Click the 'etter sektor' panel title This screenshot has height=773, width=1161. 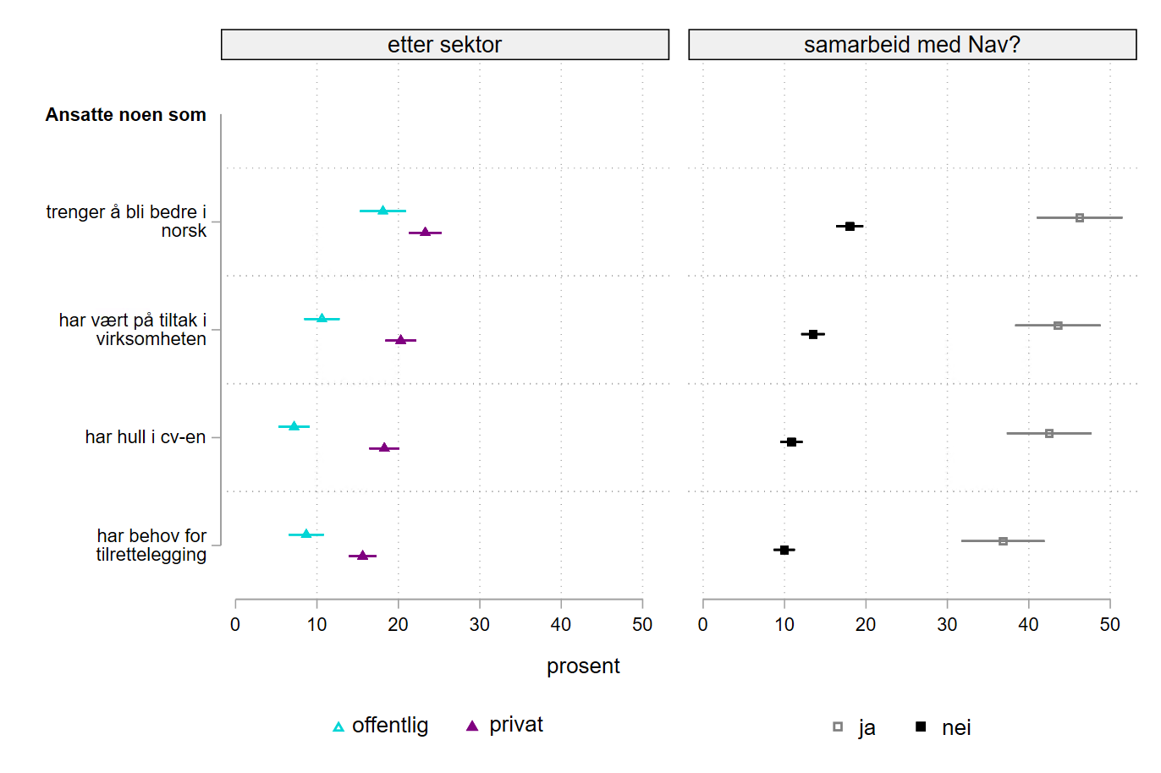tap(444, 45)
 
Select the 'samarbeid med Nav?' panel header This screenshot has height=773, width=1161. tap(911, 45)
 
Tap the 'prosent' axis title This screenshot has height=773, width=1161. tap(583, 666)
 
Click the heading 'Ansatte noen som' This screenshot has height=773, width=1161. tap(125, 115)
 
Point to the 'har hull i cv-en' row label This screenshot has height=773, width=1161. tap(145, 437)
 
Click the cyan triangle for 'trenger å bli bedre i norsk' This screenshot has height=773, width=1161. tap(382, 210)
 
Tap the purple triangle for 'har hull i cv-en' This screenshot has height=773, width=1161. tap(384, 447)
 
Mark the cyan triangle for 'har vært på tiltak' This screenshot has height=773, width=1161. tap(322, 318)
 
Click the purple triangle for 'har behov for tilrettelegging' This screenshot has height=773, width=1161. tap(363, 556)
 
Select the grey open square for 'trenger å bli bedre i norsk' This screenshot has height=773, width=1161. tap(1080, 217)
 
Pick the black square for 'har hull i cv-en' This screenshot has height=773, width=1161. tap(791, 441)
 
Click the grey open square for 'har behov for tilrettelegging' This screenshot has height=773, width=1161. tap(1003, 540)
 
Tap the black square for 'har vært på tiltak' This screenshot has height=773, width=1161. tap(813, 334)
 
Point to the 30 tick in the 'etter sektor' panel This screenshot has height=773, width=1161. tap(480, 624)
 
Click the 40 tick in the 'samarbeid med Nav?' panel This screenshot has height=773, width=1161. tap(1028, 624)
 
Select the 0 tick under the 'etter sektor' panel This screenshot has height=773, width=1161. tap(235, 624)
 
